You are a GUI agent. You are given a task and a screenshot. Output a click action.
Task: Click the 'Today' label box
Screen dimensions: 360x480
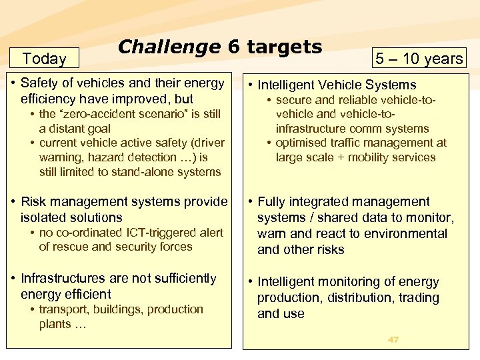(x=44, y=59)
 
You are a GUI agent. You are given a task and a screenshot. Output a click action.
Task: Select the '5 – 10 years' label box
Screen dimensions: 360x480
(x=419, y=59)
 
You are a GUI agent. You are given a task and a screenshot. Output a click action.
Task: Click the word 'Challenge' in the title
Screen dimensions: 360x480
(x=169, y=47)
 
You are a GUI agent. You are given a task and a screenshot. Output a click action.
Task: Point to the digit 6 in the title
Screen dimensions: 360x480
(x=233, y=47)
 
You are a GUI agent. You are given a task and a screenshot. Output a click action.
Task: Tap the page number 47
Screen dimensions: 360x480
(x=393, y=339)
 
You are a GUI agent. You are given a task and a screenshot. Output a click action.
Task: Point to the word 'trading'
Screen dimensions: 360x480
(x=418, y=297)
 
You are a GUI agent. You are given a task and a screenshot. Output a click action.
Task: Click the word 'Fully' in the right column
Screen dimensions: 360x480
(x=273, y=201)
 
